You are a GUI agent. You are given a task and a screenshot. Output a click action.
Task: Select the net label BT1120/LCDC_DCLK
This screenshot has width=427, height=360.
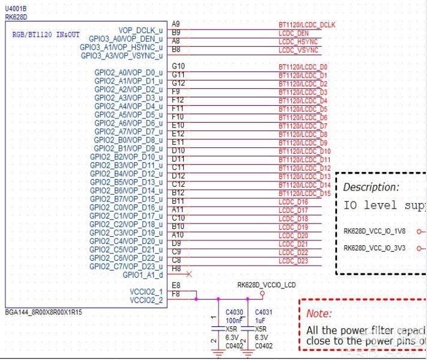[x=307, y=25]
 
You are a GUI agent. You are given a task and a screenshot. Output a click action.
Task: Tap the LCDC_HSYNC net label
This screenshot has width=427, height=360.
[x=298, y=42]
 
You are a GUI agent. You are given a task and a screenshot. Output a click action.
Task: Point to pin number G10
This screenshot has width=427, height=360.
[x=178, y=66]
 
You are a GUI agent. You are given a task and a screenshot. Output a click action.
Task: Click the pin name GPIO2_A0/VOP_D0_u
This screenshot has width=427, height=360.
[x=128, y=73]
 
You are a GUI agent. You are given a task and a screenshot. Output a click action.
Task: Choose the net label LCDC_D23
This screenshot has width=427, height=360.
[x=294, y=261]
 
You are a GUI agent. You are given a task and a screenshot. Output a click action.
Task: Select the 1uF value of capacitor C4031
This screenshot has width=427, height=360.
[x=260, y=321]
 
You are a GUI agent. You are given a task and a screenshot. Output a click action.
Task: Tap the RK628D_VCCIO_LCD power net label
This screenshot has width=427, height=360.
[x=266, y=285]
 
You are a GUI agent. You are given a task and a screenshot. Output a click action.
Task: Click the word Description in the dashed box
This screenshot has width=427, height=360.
[x=371, y=188]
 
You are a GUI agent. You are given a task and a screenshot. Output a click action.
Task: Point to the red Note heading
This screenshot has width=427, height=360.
[x=318, y=314]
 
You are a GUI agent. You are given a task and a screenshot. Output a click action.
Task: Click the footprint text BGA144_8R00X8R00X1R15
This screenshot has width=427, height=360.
[x=44, y=313]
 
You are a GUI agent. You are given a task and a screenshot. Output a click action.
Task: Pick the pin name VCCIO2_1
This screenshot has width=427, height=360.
[x=146, y=291]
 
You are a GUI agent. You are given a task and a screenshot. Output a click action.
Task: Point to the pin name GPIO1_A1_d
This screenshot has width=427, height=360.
[x=142, y=275]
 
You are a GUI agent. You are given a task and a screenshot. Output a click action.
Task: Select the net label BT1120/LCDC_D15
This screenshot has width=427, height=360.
[x=304, y=194]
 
